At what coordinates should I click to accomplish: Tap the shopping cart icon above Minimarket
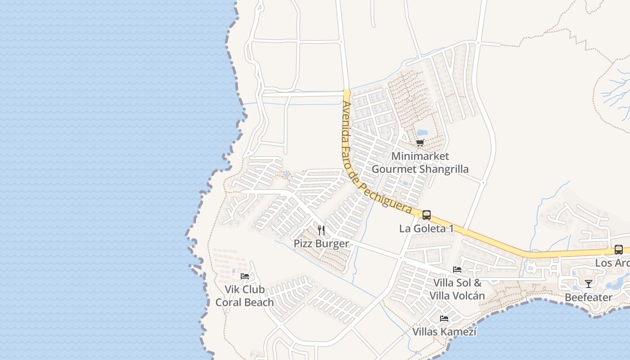(x=420, y=143)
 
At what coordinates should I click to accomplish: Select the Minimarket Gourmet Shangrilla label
(x=420, y=162)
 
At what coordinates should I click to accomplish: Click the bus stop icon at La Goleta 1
(x=426, y=215)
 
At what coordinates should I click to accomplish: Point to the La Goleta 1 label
(x=426, y=229)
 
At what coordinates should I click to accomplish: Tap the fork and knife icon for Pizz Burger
(x=321, y=230)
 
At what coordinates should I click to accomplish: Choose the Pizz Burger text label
(x=321, y=244)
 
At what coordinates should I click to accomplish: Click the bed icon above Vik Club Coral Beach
(x=245, y=276)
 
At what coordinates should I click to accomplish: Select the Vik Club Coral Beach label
(x=244, y=296)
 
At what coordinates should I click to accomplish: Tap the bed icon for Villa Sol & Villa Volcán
(x=457, y=270)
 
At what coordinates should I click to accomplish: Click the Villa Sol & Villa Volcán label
(x=457, y=289)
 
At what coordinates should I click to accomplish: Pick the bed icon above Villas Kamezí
(x=444, y=319)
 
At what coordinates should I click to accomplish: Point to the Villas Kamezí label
(x=444, y=332)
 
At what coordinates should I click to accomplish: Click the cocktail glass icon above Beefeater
(x=588, y=283)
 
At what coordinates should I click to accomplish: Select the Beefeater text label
(x=588, y=297)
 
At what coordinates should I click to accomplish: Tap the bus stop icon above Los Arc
(x=619, y=250)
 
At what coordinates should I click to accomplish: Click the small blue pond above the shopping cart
(x=422, y=133)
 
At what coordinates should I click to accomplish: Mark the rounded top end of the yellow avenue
(x=346, y=93)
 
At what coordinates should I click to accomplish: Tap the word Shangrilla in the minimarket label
(x=444, y=169)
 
